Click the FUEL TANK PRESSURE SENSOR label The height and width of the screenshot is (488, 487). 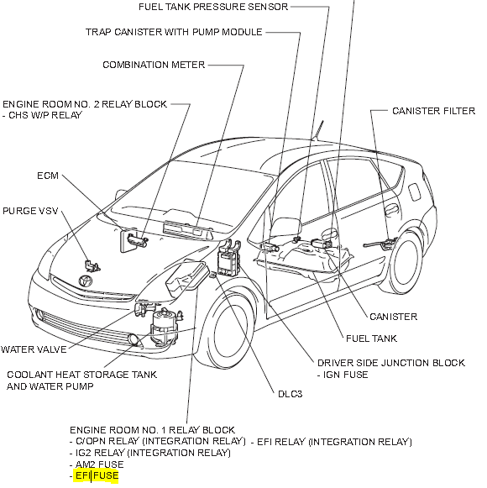tap(214, 7)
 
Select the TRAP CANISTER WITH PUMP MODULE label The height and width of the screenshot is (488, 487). tap(174, 32)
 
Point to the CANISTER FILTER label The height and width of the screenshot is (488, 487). tap(433, 111)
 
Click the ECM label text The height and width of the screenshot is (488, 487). tap(47, 176)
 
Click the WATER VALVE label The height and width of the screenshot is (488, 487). tap(34, 349)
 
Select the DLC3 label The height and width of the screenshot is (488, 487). tap(291, 392)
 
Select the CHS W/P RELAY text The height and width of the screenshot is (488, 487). tap(46, 115)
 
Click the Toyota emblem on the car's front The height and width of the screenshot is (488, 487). tap(85, 281)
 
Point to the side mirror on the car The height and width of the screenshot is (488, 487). tap(288, 227)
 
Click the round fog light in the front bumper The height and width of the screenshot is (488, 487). tap(134, 339)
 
